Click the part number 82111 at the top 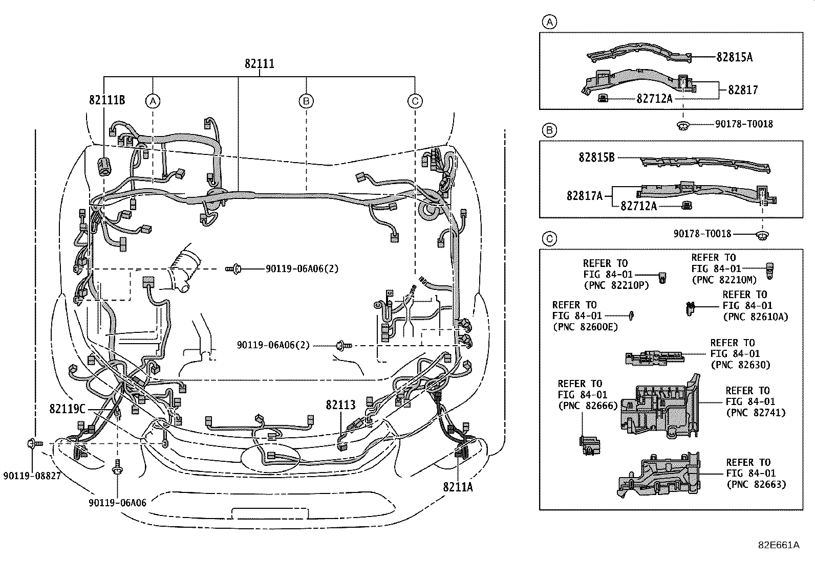pos(260,64)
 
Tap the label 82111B pos(107,100)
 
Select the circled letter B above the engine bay pos(306,101)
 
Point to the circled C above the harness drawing pos(415,101)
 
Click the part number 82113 pos(340,405)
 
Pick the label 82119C pos(67,409)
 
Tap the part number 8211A pos(458,487)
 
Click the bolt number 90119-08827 pos(32,476)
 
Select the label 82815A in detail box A pos(735,57)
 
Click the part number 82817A pos(585,196)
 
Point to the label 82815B pos(597,158)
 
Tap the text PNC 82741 pos(756,413)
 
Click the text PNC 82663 pos(757,485)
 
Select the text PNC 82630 pos(741,365)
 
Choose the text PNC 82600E pos(586,327)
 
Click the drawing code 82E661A pos(779,545)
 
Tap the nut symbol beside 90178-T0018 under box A pos(683,126)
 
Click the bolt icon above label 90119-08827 pos(35,443)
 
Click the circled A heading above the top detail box pos(549,22)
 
